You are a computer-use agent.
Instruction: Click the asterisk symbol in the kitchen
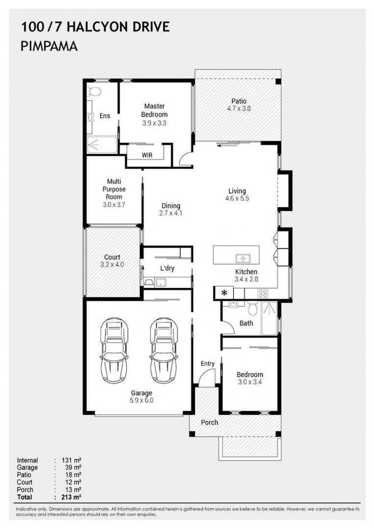pos(224,293)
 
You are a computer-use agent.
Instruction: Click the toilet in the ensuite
pos(94,91)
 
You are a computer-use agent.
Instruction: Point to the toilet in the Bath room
pos(252,308)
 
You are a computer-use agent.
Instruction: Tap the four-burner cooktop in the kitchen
pos(263,293)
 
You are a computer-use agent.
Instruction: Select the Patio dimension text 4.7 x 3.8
pos(239,108)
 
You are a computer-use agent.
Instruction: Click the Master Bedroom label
pos(154,110)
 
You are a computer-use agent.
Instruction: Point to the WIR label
pos(147,155)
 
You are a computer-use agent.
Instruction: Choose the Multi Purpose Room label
pos(114,189)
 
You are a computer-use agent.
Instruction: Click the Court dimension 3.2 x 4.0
pos(112,264)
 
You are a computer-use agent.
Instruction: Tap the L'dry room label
pos(167,268)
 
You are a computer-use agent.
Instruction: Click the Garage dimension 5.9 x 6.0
pos(142,401)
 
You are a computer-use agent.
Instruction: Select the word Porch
pos(209,422)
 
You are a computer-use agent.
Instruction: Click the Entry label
pos(208,363)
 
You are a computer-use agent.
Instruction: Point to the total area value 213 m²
pos(72,497)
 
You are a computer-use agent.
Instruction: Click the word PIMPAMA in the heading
pos(50,46)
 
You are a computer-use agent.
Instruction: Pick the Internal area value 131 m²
pos(72,460)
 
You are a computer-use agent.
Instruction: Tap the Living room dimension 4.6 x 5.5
pos(237,198)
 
